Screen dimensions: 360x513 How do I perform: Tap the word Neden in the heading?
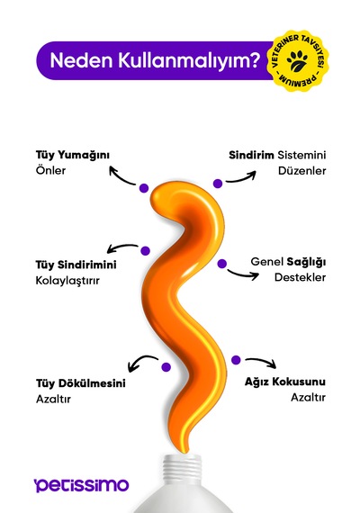pyautogui.click(x=82, y=60)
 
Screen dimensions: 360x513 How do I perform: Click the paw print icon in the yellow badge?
pyautogui.click(x=297, y=61)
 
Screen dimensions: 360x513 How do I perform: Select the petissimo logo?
pyautogui.click(x=82, y=485)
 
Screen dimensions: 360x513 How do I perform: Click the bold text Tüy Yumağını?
pyautogui.click(x=73, y=156)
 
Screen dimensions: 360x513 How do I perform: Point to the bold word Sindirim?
pyautogui.click(x=251, y=155)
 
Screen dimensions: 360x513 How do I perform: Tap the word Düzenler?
pyautogui.click(x=302, y=171)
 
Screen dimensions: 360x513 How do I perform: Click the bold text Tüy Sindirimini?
pyautogui.click(x=76, y=265)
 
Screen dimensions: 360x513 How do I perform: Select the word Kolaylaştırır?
pyautogui.click(x=67, y=281)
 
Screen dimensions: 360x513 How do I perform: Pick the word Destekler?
pyautogui.click(x=300, y=277)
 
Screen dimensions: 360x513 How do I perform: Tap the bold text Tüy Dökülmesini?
pyautogui.click(x=80, y=383)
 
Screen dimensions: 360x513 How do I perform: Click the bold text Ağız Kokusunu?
pyautogui.click(x=285, y=382)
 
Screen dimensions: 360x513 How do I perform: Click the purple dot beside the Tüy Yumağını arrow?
pyautogui.click(x=144, y=188)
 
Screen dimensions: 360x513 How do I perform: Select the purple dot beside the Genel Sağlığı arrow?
pyautogui.click(x=222, y=264)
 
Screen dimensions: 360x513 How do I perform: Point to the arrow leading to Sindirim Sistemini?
pyautogui.click(x=241, y=178)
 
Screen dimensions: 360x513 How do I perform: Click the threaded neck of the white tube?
pyautogui.click(x=182, y=470)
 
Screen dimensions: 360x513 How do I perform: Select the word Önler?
pyautogui.click(x=50, y=170)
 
